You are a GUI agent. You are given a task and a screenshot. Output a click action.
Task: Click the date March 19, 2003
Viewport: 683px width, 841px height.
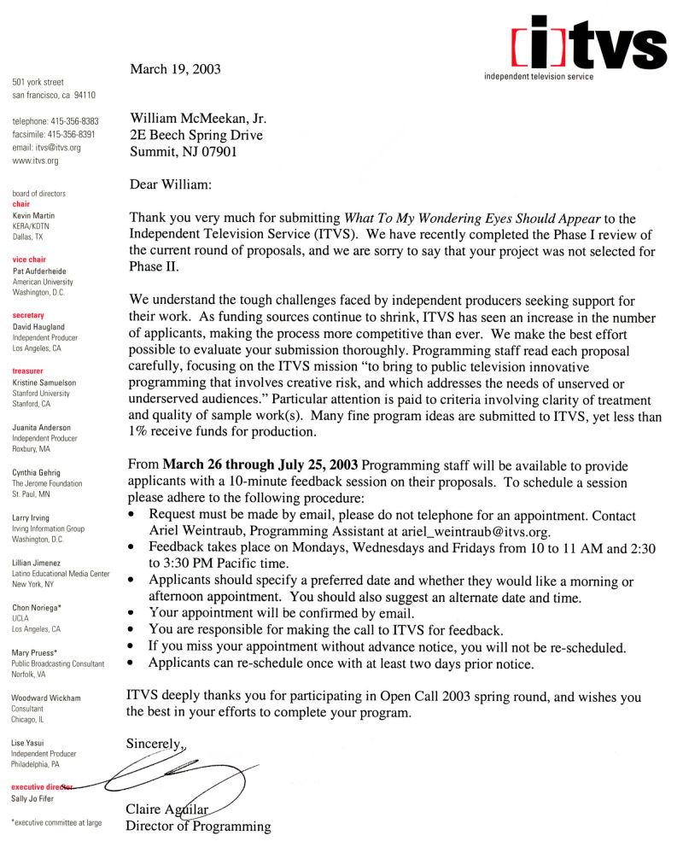pyautogui.click(x=175, y=69)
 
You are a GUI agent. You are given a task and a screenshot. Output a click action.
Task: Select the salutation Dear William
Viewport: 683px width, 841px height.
pyautogui.click(x=170, y=184)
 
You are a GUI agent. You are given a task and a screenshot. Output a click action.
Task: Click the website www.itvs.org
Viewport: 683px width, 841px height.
pyautogui.click(x=35, y=161)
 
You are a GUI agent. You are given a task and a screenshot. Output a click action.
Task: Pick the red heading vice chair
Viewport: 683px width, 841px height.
pyautogui.click(x=29, y=260)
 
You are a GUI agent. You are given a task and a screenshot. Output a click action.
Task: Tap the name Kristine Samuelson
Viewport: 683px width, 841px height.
pyautogui.click(x=44, y=383)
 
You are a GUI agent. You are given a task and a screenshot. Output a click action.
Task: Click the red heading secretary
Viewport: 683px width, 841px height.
pyautogui.click(x=28, y=315)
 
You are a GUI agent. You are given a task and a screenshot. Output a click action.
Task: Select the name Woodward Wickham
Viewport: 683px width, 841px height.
pyautogui.click(x=46, y=698)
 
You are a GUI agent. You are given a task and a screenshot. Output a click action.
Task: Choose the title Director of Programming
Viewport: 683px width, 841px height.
pyautogui.click(x=198, y=826)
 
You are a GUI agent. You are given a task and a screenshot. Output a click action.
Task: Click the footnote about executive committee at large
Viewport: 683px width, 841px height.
pyautogui.click(x=56, y=823)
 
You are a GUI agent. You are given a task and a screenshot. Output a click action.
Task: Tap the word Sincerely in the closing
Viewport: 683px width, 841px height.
pyautogui.click(x=155, y=744)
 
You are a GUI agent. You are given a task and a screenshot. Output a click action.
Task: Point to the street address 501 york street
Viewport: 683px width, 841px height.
pyautogui.click(x=38, y=82)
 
